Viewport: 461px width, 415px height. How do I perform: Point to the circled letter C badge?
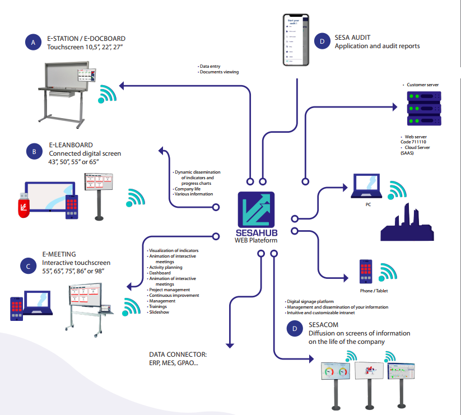pyautogui.click(x=28, y=267)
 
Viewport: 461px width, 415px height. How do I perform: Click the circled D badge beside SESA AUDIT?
pyautogui.click(x=322, y=41)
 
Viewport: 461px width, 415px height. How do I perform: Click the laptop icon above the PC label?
pyautogui.click(x=367, y=186)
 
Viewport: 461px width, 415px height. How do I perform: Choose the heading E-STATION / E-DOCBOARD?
pyautogui.click(x=87, y=39)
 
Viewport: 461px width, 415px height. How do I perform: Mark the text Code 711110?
pyautogui.click(x=413, y=142)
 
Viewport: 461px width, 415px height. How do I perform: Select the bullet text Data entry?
pyautogui.click(x=211, y=66)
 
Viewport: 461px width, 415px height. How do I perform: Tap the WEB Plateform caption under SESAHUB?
pyautogui.click(x=255, y=240)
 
